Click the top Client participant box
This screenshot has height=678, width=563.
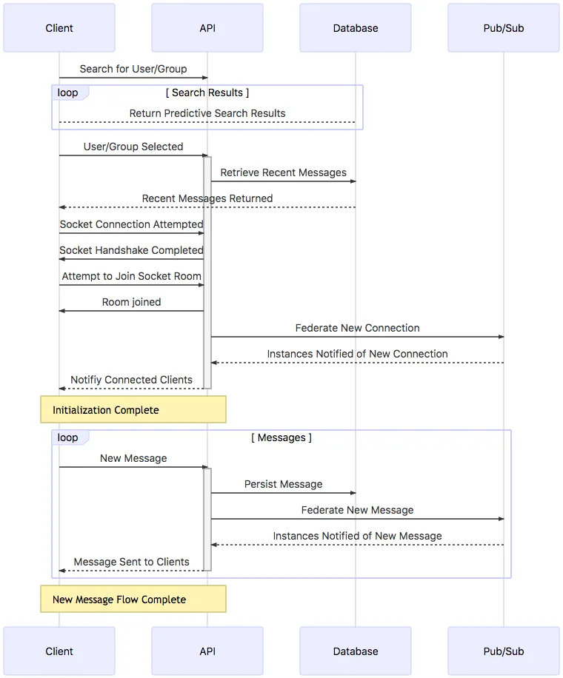click(59, 28)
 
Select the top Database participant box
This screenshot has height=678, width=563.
click(356, 28)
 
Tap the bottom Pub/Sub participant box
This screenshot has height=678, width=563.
click(504, 651)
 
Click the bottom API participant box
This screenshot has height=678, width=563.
click(207, 651)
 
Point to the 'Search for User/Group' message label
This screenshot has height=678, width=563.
click(133, 69)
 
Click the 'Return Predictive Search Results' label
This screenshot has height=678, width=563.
click(207, 113)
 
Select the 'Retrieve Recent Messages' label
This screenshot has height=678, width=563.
click(283, 172)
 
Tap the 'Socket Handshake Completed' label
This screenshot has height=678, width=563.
click(131, 250)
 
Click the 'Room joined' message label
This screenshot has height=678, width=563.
click(131, 302)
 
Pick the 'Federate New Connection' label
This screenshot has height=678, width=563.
click(357, 328)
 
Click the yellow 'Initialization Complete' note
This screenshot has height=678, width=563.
click(133, 409)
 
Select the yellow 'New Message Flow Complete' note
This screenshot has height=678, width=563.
click(133, 599)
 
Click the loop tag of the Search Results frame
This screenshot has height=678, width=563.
click(68, 93)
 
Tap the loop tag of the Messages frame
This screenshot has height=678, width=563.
click(68, 437)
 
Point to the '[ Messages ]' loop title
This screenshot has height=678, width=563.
click(281, 437)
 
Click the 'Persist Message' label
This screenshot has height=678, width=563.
click(283, 484)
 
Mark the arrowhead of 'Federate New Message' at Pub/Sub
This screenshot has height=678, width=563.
click(501, 519)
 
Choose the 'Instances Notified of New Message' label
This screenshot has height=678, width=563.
click(357, 536)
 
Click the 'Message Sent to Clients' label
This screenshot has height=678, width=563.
click(131, 562)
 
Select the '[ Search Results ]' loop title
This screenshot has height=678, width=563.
click(207, 93)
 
